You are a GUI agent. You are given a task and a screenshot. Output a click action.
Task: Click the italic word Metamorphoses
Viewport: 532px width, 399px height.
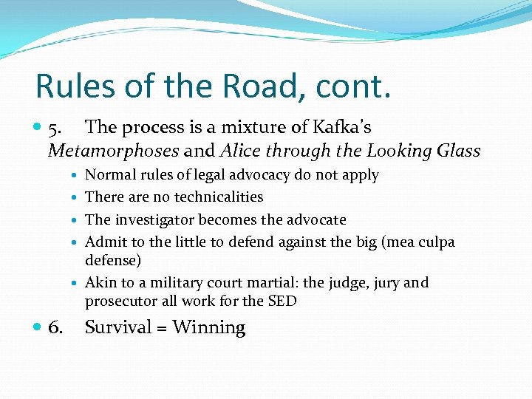point(113,151)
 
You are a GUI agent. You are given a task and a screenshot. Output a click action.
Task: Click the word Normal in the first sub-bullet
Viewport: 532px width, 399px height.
point(109,175)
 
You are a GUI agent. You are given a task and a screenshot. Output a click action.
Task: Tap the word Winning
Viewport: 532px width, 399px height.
point(208,328)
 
